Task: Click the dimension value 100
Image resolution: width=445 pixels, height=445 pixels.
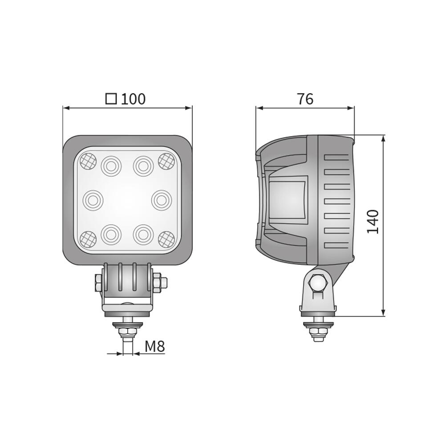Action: (133, 99)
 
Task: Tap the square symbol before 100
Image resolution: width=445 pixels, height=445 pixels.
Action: (111, 98)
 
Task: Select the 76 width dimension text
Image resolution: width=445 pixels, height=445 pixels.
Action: (305, 99)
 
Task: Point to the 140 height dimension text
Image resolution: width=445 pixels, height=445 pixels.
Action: (373, 222)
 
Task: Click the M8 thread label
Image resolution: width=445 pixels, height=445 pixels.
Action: (154, 346)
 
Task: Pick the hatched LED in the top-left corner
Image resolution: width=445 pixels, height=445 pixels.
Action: (88, 161)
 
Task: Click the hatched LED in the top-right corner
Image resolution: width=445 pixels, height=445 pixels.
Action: (166, 161)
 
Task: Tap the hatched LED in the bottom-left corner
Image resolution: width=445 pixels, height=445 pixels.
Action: (88, 239)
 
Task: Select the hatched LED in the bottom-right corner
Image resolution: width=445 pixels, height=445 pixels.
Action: (166, 239)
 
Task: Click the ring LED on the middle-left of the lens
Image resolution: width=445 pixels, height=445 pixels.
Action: (93, 200)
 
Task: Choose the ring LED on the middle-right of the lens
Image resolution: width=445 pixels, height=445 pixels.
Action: (161, 200)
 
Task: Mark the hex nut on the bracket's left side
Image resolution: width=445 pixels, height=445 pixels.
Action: (99, 283)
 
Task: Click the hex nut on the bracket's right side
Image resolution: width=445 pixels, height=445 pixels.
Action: (159, 283)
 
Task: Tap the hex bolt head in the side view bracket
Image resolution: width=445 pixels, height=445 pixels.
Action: (318, 283)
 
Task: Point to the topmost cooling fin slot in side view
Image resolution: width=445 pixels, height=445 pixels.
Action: (336, 157)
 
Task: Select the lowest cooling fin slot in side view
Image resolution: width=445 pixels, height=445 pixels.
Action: (336, 245)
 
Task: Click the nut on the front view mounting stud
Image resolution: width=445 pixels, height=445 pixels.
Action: (128, 332)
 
